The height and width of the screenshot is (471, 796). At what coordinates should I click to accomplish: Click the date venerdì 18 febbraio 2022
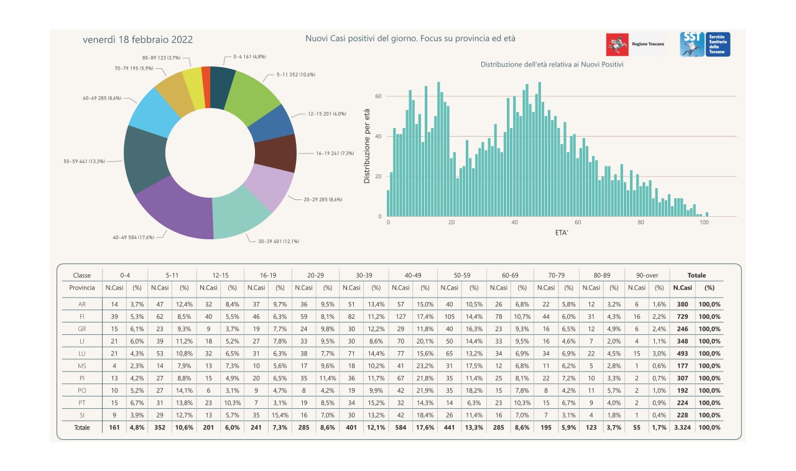click(137, 40)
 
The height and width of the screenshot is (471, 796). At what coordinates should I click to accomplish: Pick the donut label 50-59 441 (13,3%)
click(85, 161)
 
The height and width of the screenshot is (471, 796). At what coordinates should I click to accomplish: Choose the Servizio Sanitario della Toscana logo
click(705, 44)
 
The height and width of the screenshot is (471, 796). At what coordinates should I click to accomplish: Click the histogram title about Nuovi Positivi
click(552, 65)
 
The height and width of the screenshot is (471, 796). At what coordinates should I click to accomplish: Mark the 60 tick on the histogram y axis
click(377, 96)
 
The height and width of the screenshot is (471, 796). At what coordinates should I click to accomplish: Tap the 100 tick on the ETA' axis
click(704, 222)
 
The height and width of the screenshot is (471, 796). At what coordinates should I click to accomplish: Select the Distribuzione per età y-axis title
click(367, 146)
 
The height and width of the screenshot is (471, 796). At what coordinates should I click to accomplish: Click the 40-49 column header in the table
click(413, 275)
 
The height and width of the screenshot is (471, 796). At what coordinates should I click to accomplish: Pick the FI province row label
click(82, 317)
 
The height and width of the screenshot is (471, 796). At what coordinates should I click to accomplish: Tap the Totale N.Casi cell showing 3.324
click(682, 428)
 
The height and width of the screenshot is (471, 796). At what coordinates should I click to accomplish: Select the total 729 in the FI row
click(682, 317)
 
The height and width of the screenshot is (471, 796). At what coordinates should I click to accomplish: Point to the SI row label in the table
click(82, 415)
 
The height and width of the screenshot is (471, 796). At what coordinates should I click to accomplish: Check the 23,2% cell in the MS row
click(425, 366)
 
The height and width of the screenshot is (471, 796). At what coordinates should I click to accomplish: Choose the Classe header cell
click(82, 275)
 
